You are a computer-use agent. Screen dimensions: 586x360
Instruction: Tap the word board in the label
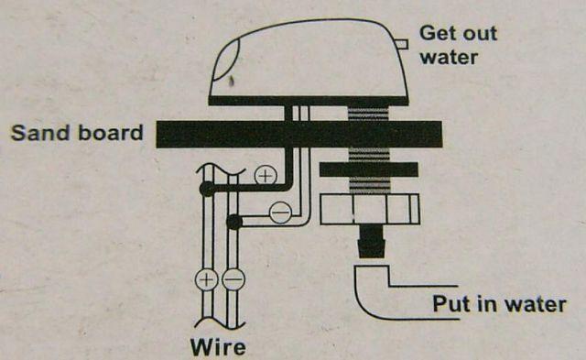coord(111,132)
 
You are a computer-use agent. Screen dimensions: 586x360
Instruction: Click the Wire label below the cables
coord(218,347)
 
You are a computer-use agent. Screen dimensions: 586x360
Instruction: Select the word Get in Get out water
coord(436,33)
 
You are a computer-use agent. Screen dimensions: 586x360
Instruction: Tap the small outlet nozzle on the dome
coord(402,44)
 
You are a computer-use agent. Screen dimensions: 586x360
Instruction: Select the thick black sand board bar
coord(299,135)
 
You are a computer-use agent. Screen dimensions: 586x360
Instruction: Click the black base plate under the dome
coord(308,101)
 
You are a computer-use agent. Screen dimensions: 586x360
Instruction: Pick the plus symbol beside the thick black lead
coord(266,176)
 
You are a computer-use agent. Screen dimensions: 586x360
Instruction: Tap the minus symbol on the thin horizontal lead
coord(280,213)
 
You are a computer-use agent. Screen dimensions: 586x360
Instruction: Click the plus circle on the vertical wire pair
coord(206,279)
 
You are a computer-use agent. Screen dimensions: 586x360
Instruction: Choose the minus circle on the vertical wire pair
coord(233,279)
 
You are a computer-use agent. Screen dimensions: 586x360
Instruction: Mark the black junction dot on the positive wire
coord(207,189)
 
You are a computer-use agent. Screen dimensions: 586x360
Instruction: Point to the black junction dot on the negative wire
coord(234,222)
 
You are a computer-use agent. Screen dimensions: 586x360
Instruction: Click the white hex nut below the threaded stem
coord(370,209)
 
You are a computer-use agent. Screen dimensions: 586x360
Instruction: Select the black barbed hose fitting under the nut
coord(372,241)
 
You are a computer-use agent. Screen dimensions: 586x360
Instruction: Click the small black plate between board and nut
coord(369,169)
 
